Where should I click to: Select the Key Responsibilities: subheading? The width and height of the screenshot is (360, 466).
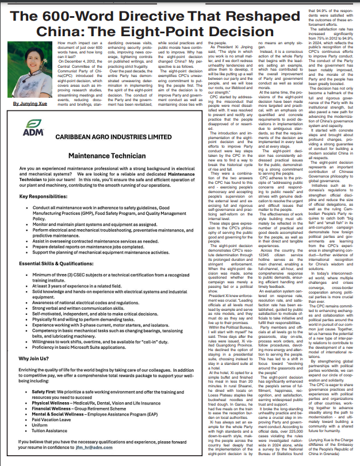click(43, 212)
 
